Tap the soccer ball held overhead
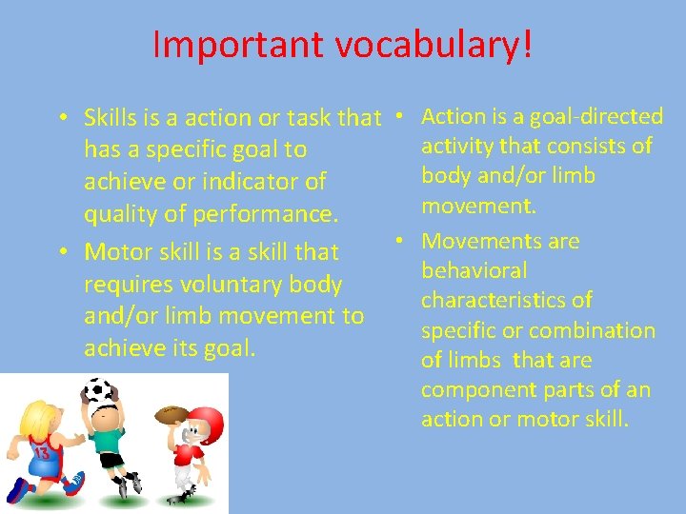[98, 391]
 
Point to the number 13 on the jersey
[42, 451]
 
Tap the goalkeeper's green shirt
[110, 439]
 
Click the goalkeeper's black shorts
[113, 461]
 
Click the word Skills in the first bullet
[110, 118]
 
